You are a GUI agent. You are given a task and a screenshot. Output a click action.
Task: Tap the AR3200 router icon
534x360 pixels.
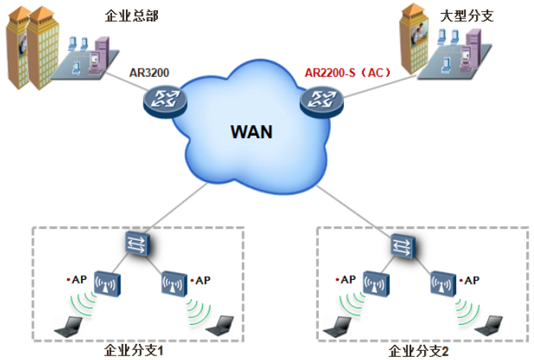(162, 98)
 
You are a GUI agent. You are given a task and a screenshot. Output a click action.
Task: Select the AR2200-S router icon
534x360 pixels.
(320, 99)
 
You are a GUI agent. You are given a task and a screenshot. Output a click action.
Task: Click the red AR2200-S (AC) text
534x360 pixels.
(346, 73)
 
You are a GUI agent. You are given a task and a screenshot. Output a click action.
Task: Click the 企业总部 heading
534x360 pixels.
(133, 15)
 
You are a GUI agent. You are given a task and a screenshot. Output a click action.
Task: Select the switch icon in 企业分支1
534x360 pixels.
(139, 244)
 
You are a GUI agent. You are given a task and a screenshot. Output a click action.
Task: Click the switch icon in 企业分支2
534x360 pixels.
(401, 245)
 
